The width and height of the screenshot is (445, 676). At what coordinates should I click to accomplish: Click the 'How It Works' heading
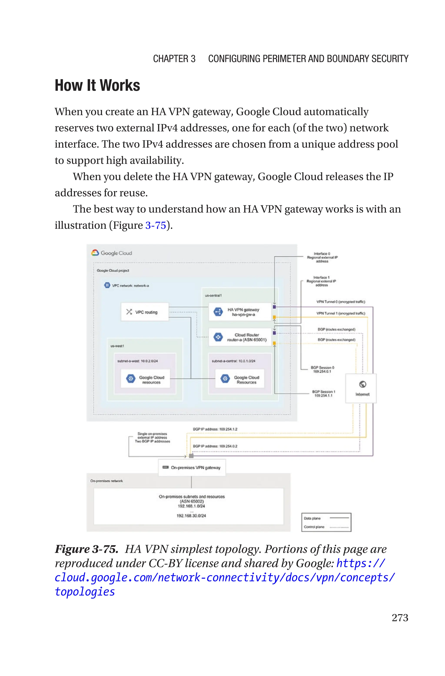pos(97,85)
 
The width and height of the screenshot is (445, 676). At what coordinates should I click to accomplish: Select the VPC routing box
pos(145,312)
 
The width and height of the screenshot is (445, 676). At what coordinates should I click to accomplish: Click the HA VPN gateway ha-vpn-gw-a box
pos(240,312)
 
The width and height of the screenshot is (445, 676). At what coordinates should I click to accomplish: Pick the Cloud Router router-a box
pos(240,337)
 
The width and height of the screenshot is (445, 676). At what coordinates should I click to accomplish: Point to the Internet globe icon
pos(362,384)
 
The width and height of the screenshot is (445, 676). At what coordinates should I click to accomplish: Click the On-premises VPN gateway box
pos(192,468)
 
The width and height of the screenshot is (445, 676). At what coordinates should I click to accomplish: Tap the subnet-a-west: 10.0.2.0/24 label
pos(138,361)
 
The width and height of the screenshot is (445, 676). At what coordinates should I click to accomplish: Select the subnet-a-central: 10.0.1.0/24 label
pos(234,361)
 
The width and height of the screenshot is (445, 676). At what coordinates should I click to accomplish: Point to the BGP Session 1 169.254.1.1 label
pos(324,393)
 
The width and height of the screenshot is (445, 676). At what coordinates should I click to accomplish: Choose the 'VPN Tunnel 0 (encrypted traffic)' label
pos(340,302)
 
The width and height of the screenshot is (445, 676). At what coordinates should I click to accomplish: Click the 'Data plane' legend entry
pos(312,518)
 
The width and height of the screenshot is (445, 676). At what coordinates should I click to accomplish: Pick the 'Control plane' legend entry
pos(314,527)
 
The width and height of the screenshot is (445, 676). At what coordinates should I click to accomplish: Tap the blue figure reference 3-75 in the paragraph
pos(156,225)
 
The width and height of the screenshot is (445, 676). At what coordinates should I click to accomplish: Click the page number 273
pos(400,618)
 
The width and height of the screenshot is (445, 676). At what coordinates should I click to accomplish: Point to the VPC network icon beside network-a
pos(107,285)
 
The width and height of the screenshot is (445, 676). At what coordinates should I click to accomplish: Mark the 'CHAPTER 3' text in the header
pos(174,59)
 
